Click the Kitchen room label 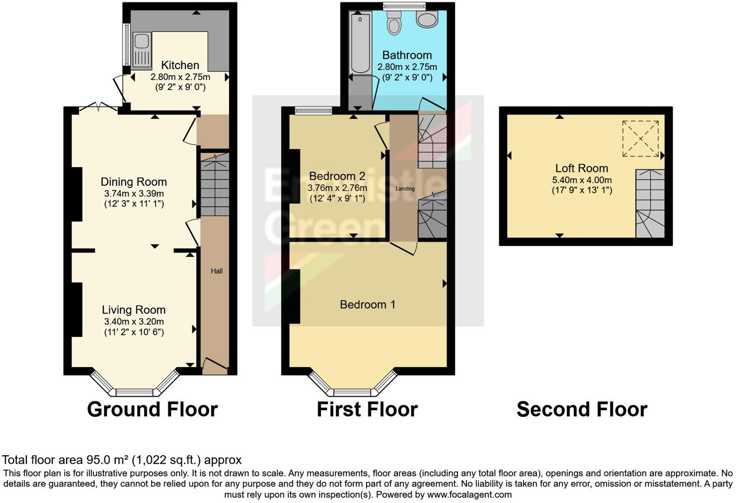tap(180, 65)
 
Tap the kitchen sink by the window tap(141, 49)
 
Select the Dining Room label tap(134, 182)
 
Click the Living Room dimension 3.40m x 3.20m tap(134, 322)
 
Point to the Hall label tap(216, 271)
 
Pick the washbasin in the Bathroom tap(427, 19)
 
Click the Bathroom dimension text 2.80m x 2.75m tap(407, 67)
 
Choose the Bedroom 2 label tap(337, 176)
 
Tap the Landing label tap(405, 189)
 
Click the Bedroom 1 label tap(368, 304)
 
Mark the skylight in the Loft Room tap(640, 139)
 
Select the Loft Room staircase tap(650, 203)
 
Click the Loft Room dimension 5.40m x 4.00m tap(582, 180)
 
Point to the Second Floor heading tap(582, 410)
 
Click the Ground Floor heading tap(152, 410)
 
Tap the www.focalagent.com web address tap(469, 495)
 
